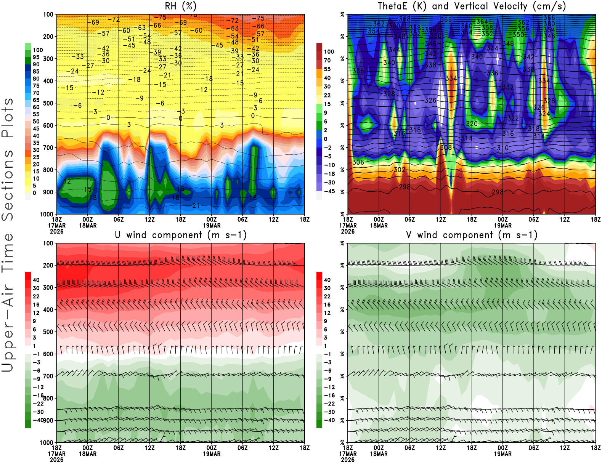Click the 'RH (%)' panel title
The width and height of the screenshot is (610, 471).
coord(180,6)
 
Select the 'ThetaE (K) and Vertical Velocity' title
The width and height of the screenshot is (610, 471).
coord(472,6)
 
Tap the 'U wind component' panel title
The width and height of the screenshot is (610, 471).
coord(181,235)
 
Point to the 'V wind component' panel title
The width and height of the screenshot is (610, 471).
coord(472,235)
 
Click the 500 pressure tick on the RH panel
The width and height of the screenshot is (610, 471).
coord(48,103)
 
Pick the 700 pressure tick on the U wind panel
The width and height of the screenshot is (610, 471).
coord(48,376)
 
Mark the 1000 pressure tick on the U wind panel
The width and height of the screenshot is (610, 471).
coord(47,443)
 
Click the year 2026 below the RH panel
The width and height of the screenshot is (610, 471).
coord(57,231)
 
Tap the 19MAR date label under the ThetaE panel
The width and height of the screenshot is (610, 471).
coord(503,225)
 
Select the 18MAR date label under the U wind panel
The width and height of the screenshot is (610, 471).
coord(88,454)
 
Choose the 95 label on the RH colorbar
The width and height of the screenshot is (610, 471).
coord(36,57)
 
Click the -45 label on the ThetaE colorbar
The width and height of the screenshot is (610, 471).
coord(329,191)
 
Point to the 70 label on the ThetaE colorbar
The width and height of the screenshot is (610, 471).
coord(327,60)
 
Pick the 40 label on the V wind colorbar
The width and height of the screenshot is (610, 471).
coord(327,280)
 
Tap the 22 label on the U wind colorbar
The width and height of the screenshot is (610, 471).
coord(36,296)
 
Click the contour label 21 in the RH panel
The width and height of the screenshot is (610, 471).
coord(196,206)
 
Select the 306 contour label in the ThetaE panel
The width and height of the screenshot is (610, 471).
coord(358,162)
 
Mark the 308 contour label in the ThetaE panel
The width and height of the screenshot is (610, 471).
coord(446,147)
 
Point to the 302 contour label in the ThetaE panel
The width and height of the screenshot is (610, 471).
coord(400,170)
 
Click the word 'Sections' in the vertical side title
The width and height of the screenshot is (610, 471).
coord(8,185)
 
